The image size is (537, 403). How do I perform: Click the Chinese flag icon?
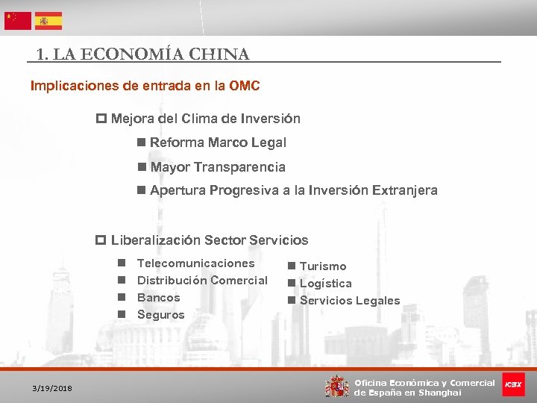click(18, 20)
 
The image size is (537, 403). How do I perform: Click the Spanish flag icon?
click(48, 20)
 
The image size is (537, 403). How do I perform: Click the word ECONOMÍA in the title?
click(125, 54)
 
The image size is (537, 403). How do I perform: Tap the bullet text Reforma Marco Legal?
click(217, 143)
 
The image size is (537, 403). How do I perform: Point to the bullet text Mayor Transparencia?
click(217, 167)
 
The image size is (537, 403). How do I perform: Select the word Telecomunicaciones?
click(196, 263)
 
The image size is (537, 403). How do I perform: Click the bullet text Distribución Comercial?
click(202, 281)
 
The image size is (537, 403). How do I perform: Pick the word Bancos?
click(159, 298)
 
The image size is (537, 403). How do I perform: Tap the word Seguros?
click(161, 315)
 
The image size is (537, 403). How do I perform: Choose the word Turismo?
click(323, 266)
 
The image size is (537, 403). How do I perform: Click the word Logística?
click(325, 284)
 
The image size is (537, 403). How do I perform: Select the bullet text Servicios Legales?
click(349, 301)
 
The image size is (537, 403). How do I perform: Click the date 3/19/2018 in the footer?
click(52, 389)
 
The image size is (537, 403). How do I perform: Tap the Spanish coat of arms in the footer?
click(337, 386)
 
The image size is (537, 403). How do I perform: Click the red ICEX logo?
click(513, 385)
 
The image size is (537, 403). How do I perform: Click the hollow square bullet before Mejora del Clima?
click(101, 119)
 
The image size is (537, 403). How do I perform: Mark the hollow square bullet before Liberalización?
click(101, 240)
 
